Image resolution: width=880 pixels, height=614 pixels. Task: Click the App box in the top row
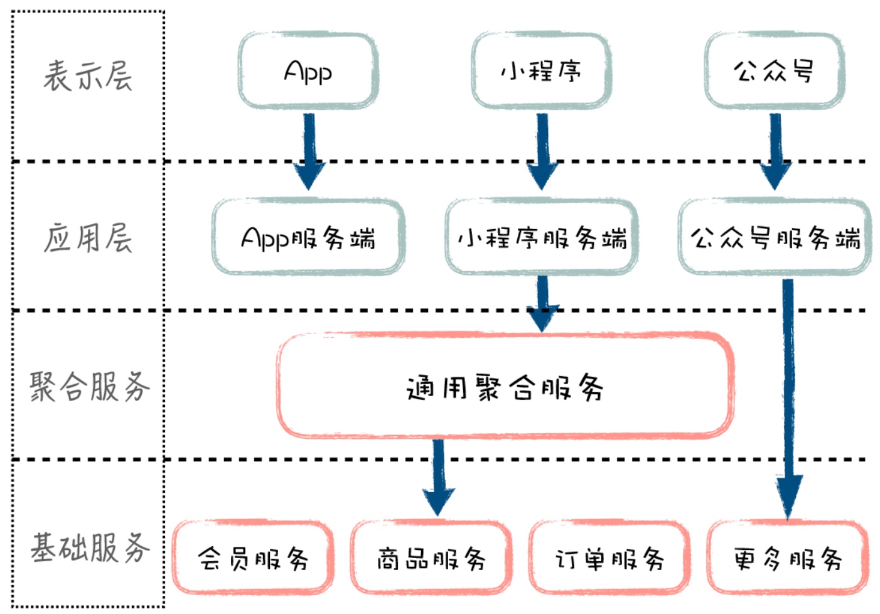(308, 71)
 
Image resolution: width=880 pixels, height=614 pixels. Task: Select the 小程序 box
(541, 71)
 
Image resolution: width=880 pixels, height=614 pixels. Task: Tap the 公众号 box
(774, 71)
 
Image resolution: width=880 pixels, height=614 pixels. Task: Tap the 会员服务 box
(253, 557)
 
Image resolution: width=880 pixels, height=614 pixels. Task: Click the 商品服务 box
(431, 557)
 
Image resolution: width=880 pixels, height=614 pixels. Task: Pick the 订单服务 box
(609, 557)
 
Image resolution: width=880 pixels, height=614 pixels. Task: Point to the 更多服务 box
(788, 557)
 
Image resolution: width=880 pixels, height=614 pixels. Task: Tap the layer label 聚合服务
(89, 386)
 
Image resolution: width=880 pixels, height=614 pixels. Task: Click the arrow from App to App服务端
(309, 151)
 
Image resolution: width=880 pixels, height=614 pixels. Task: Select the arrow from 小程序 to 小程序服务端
(542, 151)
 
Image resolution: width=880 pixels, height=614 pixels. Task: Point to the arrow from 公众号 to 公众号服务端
(776, 151)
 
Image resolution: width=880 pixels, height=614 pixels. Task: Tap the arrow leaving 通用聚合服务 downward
(438, 477)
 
